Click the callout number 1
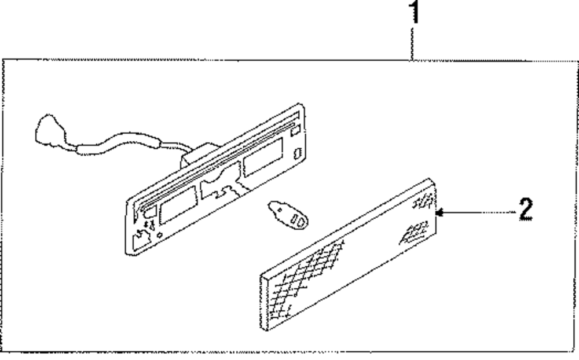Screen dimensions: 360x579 point(413,13)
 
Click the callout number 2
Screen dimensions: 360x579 point(525,209)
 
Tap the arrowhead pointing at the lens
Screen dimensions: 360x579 point(439,213)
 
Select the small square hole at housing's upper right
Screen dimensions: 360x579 point(294,131)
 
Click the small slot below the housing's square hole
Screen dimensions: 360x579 point(297,153)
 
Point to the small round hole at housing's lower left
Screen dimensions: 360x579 point(160,235)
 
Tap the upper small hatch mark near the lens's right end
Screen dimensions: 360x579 point(422,202)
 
